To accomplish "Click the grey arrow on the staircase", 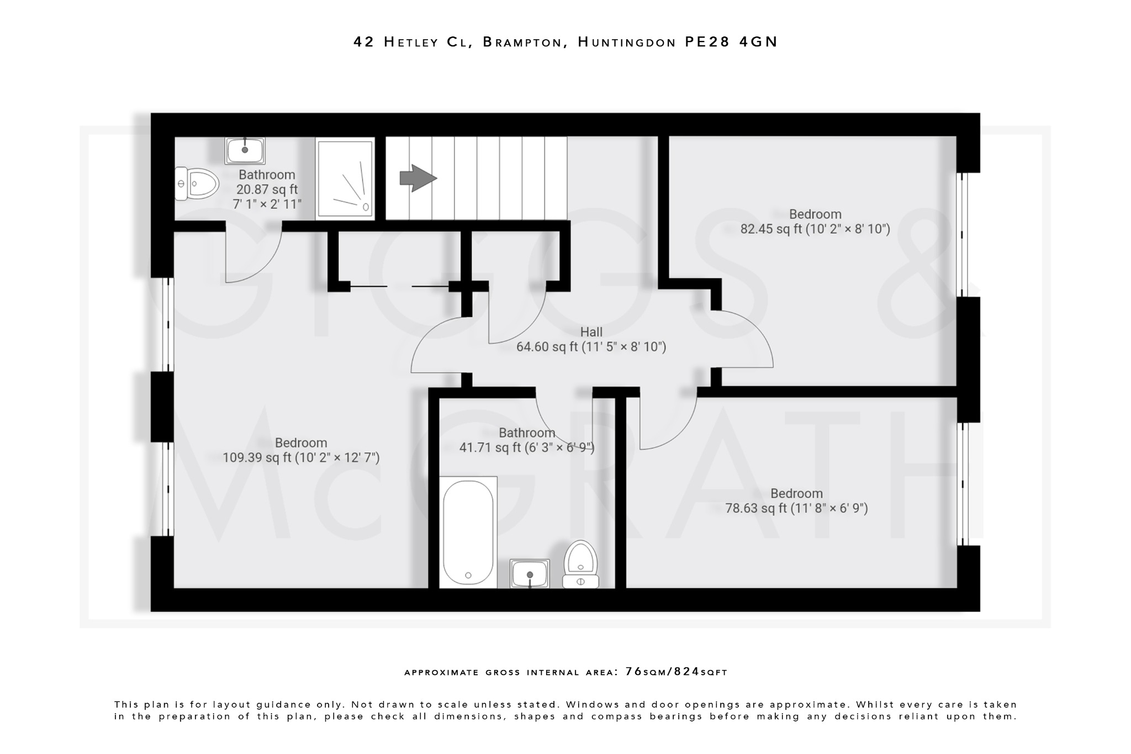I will tap(418, 178).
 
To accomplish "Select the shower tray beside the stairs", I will tap(345, 179).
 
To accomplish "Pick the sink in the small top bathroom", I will tap(245, 150).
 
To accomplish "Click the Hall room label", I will tap(591, 332).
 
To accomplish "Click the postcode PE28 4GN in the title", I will tap(731, 42).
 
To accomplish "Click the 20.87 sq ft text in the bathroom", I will tap(267, 189).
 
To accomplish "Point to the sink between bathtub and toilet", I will tap(530, 573).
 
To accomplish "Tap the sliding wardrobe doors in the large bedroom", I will tap(400, 286).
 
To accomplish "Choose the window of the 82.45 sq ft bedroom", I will tap(963, 235).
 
